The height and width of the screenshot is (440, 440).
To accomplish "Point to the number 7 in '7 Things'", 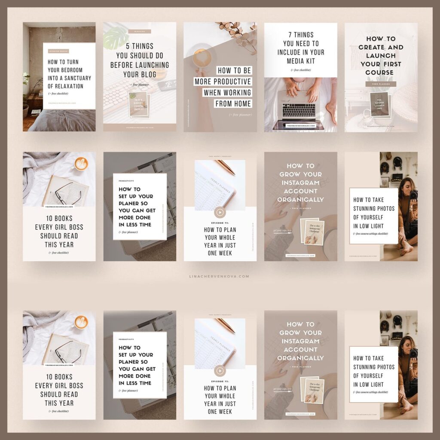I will click(x=285, y=35).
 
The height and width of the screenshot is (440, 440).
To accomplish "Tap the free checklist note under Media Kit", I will click(x=300, y=70).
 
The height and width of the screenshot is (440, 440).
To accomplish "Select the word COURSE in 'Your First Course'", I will click(x=379, y=72).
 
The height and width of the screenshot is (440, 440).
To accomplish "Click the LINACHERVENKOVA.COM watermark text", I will click(x=220, y=276).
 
